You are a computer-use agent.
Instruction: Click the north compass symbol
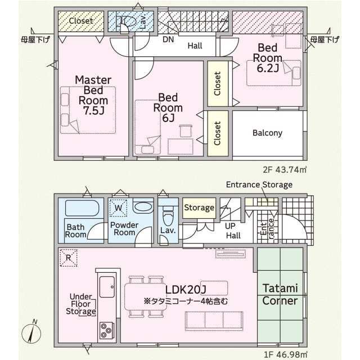click(x=31, y=332)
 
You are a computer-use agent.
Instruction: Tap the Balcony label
click(x=267, y=133)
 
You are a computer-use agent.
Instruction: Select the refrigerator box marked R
click(x=69, y=258)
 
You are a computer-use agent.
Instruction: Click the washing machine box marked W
click(x=118, y=208)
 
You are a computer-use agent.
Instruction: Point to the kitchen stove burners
click(x=106, y=330)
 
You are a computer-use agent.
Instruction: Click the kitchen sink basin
click(x=107, y=286)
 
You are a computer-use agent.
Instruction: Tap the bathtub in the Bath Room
click(x=82, y=208)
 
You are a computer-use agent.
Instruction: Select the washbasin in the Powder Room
click(x=143, y=208)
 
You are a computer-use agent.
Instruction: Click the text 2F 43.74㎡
click(x=285, y=170)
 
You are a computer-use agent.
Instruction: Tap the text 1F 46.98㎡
click(x=285, y=354)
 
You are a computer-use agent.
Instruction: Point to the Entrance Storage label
click(x=259, y=184)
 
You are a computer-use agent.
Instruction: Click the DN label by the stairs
click(x=168, y=39)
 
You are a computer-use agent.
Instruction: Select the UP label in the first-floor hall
click(x=230, y=226)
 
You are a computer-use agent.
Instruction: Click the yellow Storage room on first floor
click(x=199, y=208)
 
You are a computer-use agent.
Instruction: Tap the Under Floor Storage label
click(x=81, y=304)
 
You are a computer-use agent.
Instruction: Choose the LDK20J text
click(x=186, y=290)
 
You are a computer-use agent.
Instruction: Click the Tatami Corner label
click(x=280, y=294)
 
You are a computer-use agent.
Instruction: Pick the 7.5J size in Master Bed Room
click(x=94, y=111)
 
